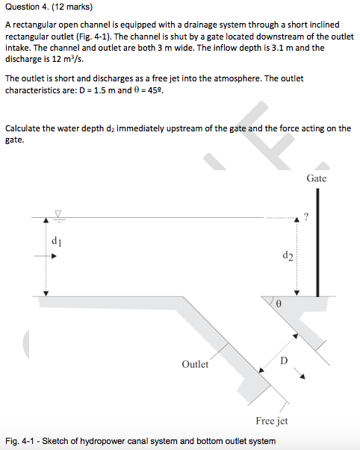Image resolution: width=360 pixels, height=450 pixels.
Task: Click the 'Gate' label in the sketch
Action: [x=316, y=178]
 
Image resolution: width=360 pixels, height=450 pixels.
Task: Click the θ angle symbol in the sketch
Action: [x=278, y=304]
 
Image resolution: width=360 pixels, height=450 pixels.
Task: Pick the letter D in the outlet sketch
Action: [x=283, y=360]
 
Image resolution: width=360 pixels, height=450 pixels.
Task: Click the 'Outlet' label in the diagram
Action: [x=195, y=364]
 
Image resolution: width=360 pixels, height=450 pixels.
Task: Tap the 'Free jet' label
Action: [x=271, y=421]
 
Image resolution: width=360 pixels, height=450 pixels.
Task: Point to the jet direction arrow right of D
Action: [x=303, y=375]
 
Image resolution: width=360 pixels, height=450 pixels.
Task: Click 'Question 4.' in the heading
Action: [x=27, y=10]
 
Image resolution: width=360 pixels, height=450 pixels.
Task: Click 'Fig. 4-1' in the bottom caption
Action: [x=20, y=440]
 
